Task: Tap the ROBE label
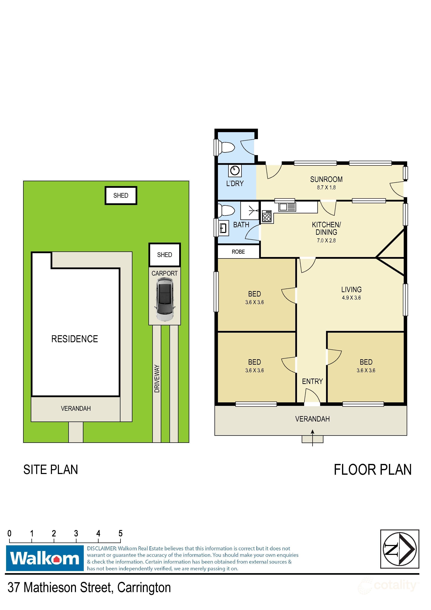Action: pyautogui.click(x=238, y=252)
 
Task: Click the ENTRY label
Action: pyautogui.click(x=312, y=382)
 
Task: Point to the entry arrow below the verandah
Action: pyautogui.click(x=312, y=438)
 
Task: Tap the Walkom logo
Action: pyautogui.click(x=45, y=558)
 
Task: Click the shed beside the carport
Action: pyautogui.click(x=164, y=255)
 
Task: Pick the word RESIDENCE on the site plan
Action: pyautogui.click(x=75, y=339)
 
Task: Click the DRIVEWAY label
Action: pyautogui.click(x=157, y=379)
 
